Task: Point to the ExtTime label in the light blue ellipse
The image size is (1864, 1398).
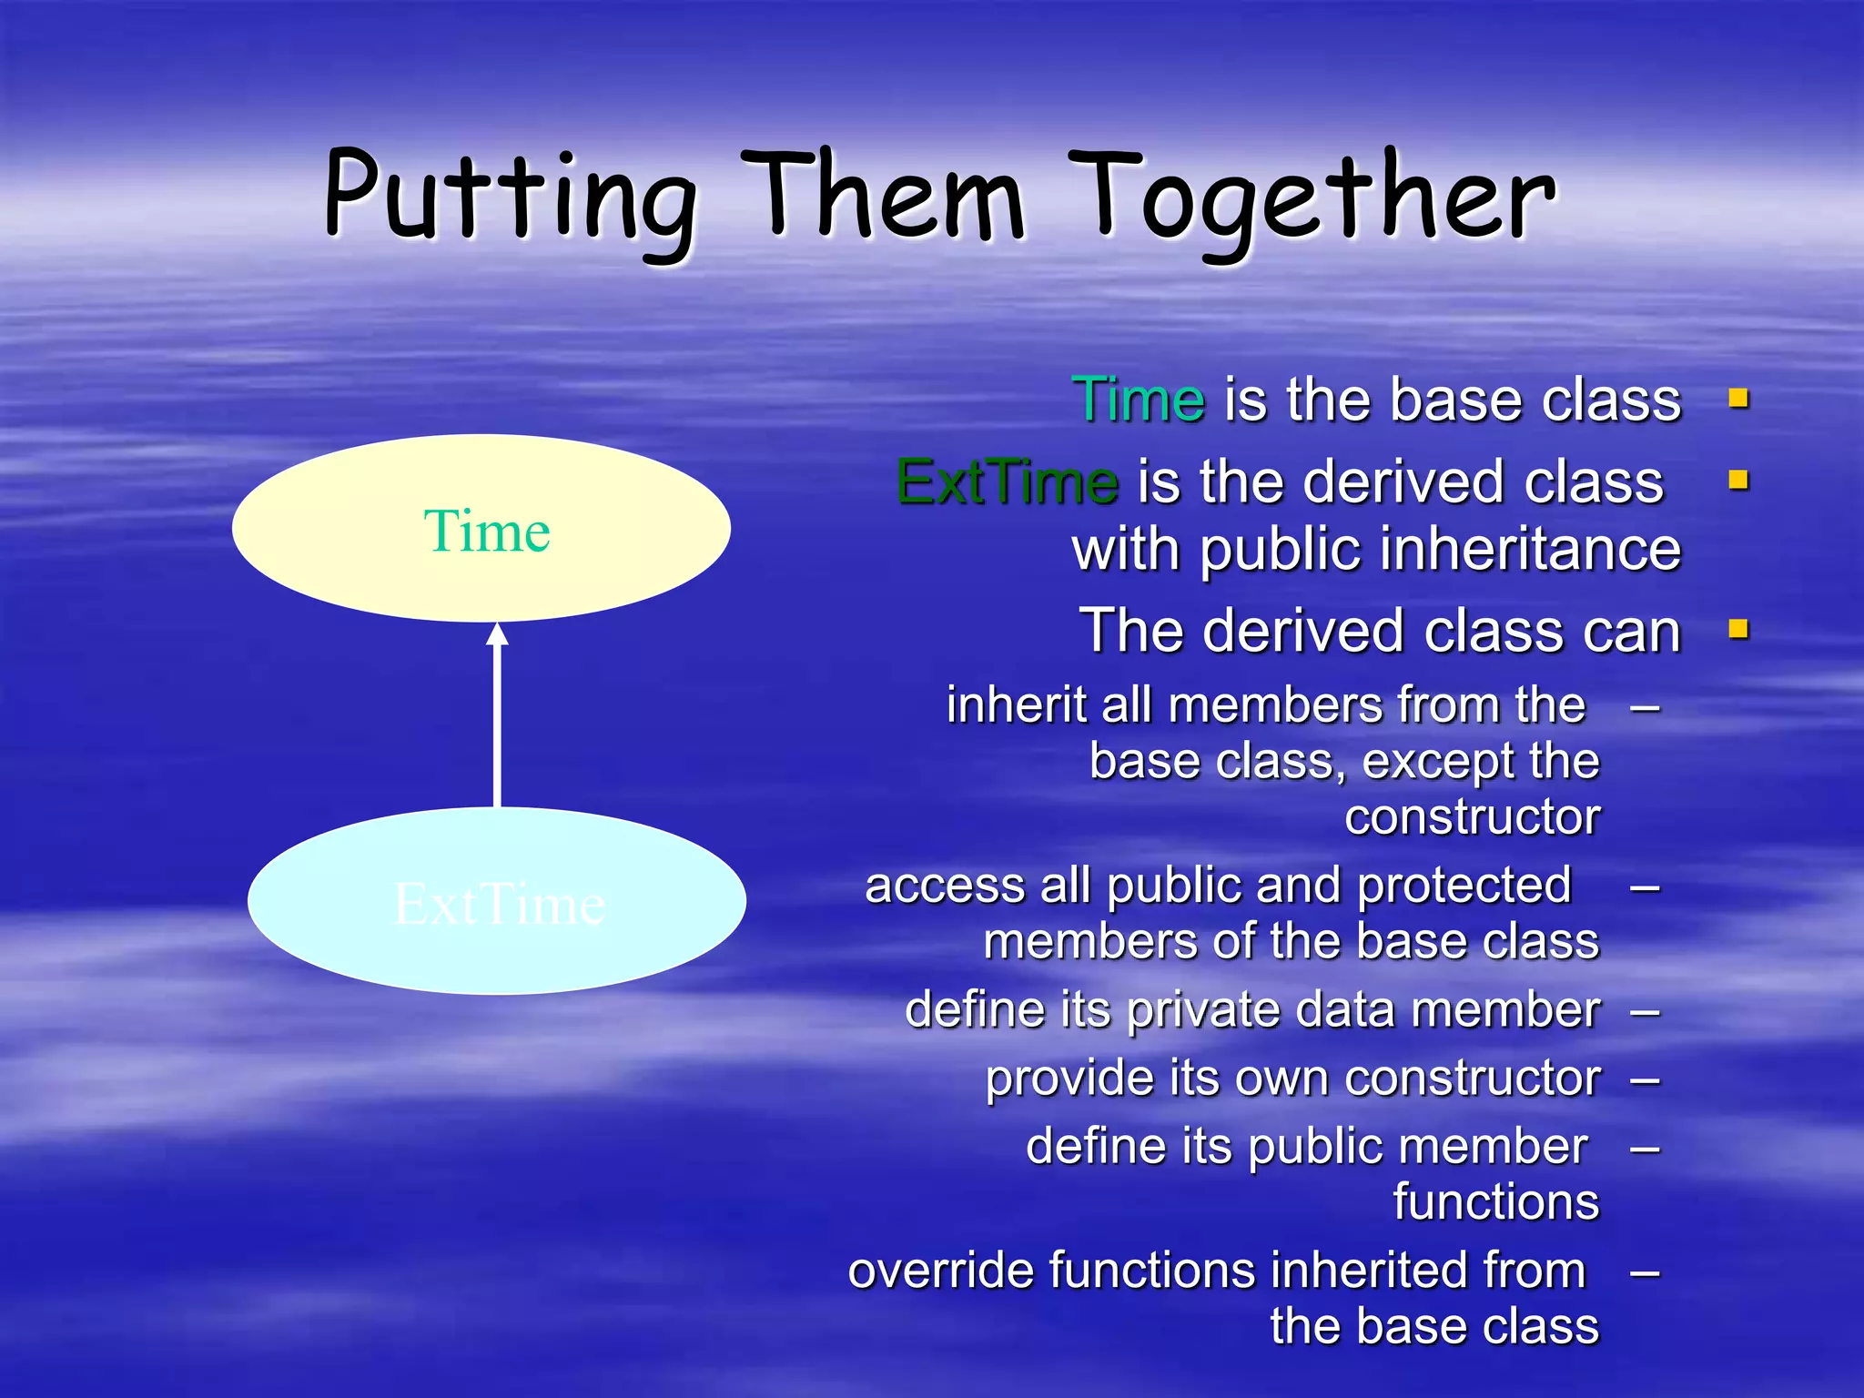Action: pyautogui.click(x=499, y=905)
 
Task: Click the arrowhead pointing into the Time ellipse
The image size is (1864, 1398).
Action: pyautogui.click(x=497, y=634)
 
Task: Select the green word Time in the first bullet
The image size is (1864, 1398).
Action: pyautogui.click(x=1139, y=400)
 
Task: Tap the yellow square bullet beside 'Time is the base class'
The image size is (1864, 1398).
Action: pyautogui.click(x=1738, y=399)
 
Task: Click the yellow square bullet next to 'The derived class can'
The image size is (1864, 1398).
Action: pyautogui.click(x=1738, y=629)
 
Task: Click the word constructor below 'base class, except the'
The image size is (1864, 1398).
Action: pyautogui.click(x=1472, y=816)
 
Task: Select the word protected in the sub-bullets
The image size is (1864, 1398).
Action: pyautogui.click(x=1464, y=886)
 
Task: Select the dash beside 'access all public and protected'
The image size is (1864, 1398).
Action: pyautogui.click(x=1645, y=887)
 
